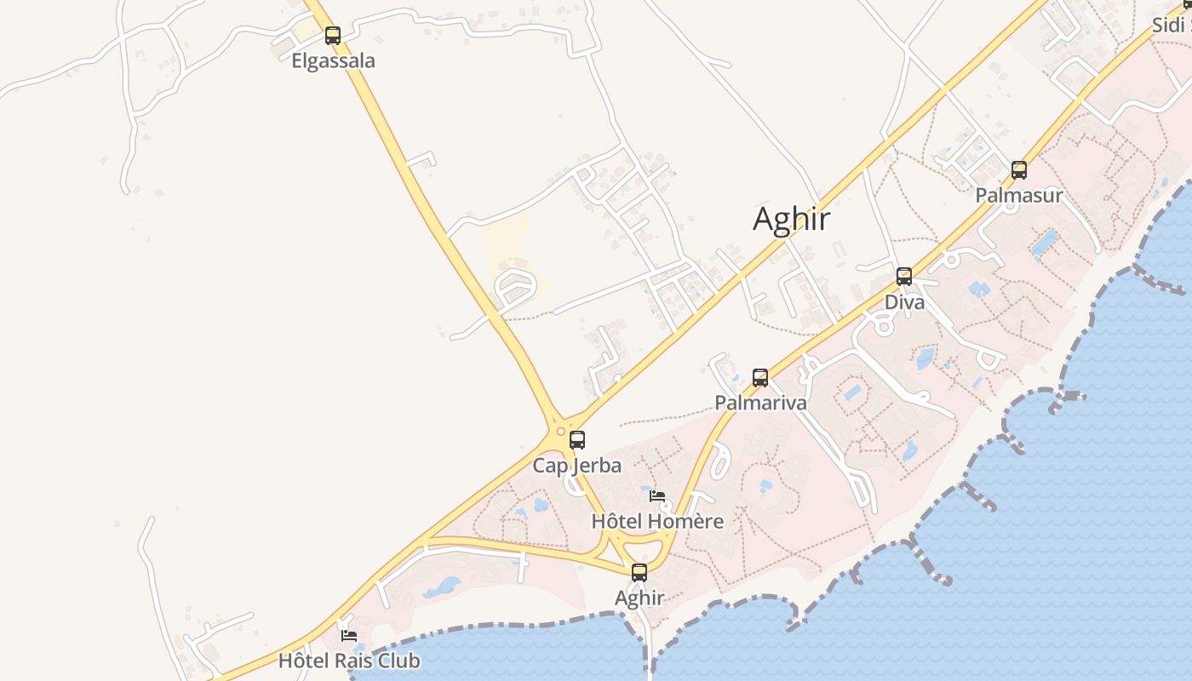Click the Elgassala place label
coord(333,61)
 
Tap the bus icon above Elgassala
coord(333,36)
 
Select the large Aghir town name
coord(791,219)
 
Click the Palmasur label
coord(1018,195)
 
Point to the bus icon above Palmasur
coord(1019,170)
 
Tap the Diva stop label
coord(904,302)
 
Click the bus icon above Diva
coord(904,277)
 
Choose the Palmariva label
coord(760,403)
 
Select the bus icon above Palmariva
coord(760,377)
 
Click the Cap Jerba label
coord(576,466)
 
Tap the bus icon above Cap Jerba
coord(577,440)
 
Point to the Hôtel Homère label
coord(657,521)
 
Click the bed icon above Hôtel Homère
coord(656,495)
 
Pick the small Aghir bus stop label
coord(639,598)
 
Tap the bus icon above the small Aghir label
coord(639,573)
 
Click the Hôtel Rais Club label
coord(349,661)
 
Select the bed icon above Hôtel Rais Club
coord(348,635)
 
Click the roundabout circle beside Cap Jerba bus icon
coord(560,432)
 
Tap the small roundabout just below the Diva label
coord(884,325)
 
